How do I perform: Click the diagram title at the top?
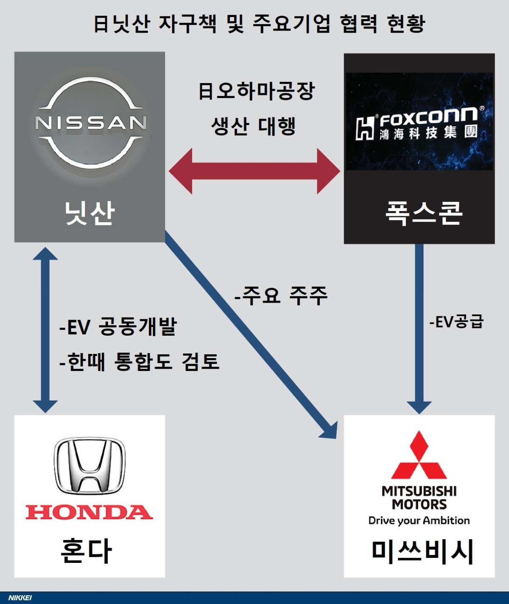[259, 23]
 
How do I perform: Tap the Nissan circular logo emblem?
[90, 123]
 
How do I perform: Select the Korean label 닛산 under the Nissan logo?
[89, 213]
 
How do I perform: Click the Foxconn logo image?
[419, 122]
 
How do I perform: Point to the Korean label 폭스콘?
[423, 213]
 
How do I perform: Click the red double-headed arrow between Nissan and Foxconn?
[255, 171]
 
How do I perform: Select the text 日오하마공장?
[257, 91]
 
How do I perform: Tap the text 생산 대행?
[253, 126]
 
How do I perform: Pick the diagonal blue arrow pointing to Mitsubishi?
[250, 335]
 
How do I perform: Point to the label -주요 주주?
[281, 295]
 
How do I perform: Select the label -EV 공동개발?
[117, 326]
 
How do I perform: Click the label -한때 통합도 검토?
[139, 362]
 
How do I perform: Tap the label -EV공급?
[456, 322]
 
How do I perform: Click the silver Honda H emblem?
[89, 466]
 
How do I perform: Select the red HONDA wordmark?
[89, 512]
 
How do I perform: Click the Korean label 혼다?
[87, 551]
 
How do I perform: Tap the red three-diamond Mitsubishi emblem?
[419, 456]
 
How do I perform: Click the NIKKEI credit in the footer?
[20, 598]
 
